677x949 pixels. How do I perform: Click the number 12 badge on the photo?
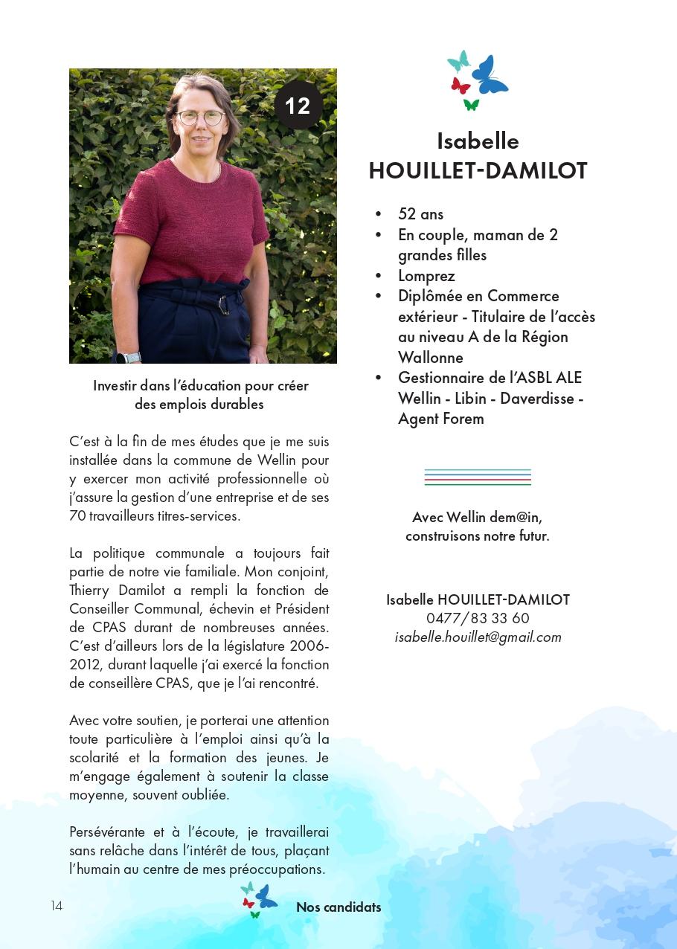point(298,106)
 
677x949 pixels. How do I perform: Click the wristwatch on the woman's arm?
point(132,356)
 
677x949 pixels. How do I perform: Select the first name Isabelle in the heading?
point(478,141)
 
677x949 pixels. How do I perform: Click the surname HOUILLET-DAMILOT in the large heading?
point(478,171)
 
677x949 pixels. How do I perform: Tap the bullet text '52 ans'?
point(420,214)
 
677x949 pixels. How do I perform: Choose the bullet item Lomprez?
point(426,276)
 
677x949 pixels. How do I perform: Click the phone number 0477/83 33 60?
point(478,618)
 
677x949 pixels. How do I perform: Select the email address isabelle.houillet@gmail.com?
point(478,637)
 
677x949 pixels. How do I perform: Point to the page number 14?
point(57,906)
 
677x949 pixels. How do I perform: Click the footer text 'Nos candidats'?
point(338,907)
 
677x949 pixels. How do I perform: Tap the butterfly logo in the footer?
point(258,898)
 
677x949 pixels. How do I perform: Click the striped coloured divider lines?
point(478,477)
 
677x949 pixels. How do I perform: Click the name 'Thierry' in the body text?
point(89,591)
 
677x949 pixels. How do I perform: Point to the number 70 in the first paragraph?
point(77,516)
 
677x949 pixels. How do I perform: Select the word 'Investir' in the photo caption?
point(115,386)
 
